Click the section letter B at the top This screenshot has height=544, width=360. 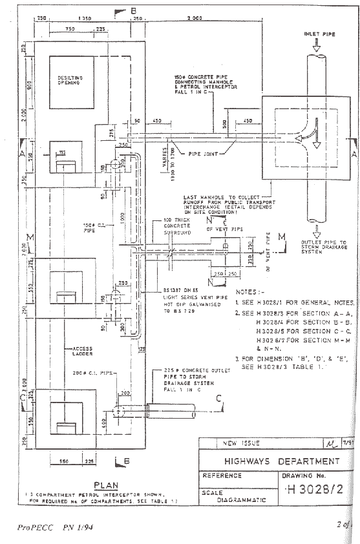pos(133,10)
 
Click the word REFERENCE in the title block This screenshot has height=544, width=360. pos(224,475)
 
